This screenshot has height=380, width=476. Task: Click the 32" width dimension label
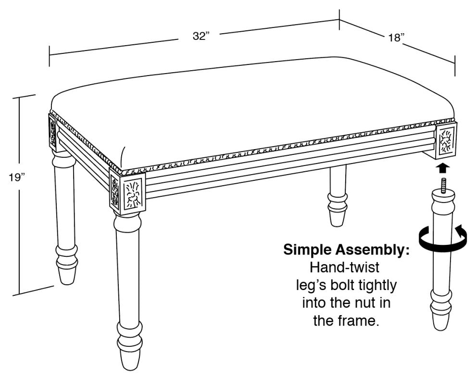click(x=201, y=36)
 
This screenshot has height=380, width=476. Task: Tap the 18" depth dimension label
click(x=397, y=38)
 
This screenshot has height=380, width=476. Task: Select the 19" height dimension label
click(x=17, y=177)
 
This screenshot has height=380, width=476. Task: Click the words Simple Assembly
click(x=346, y=250)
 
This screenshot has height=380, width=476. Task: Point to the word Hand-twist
click(x=345, y=267)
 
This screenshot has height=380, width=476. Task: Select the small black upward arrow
click(x=443, y=168)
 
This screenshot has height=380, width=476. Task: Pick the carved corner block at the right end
click(x=446, y=139)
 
